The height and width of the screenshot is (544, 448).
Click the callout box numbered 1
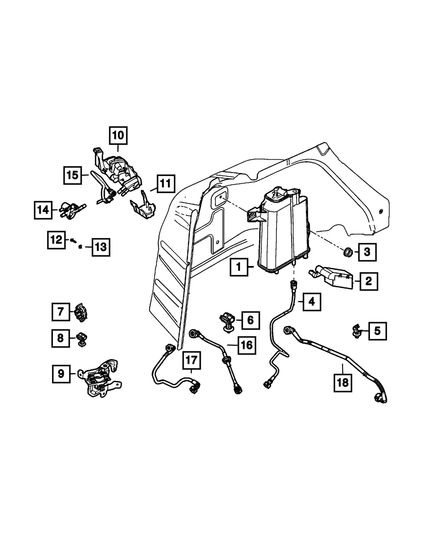click(x=239, y=268)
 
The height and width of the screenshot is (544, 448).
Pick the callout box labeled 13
click(x=101, y=247)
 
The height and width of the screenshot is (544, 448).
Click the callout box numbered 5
click(x=377, y=331)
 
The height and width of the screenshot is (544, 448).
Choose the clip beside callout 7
click(x=81, y=312)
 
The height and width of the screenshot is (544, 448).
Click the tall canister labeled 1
click(x=282, y=233)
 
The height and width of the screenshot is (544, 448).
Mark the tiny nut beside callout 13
click(x=80, y=246)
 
